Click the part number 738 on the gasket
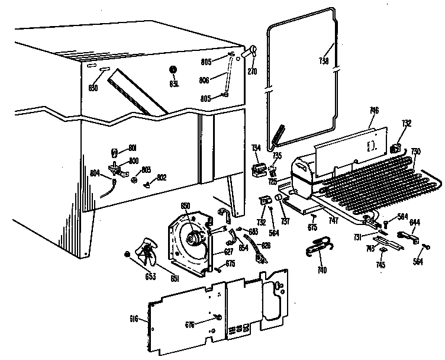point(324,61)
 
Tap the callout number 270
point(252,70)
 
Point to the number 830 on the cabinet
point(92,88)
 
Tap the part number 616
point(134,319)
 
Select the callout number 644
point(415,223)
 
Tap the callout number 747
point(333,219)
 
